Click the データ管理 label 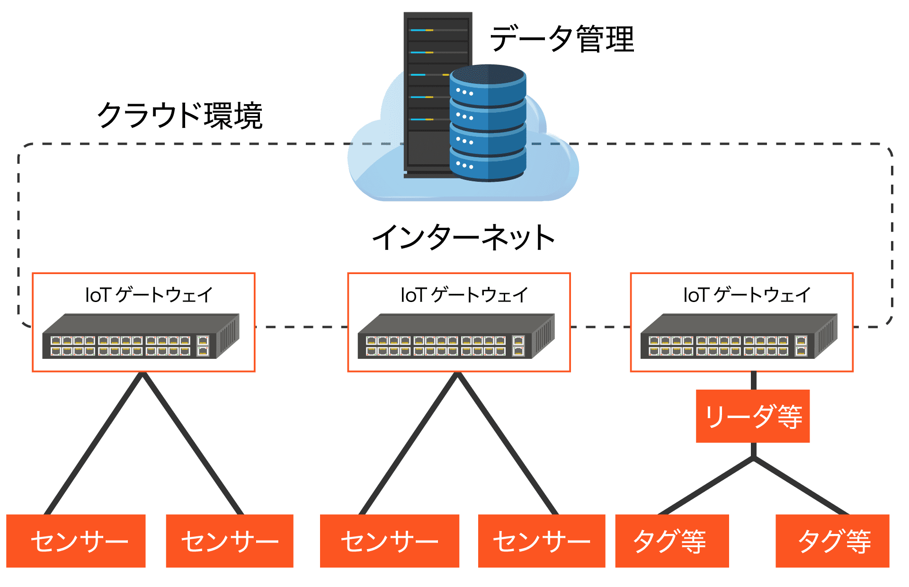point(561,39)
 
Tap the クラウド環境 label point(179,116)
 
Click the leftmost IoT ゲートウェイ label point(149,295)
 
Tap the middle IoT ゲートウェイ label point(464,295)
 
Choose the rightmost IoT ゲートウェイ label point(747,295)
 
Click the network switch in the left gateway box point(141,337)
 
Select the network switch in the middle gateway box point(456,337)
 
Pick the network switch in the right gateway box point(739,337)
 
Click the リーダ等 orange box point(753,417)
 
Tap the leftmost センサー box point(76,541)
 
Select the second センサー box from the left point(230,541)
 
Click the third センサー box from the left point(390,541)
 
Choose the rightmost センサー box point(542,541)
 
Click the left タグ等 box point(672,541)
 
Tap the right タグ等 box point(832,541)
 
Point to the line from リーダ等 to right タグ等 point(800,486)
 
